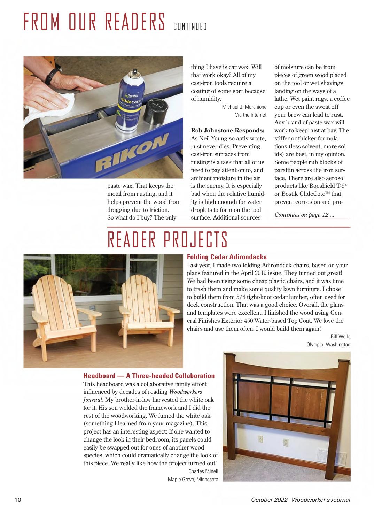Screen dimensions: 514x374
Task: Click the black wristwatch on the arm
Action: click(x=52, y=73)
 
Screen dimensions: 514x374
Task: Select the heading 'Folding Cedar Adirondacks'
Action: click(x=227, y=257)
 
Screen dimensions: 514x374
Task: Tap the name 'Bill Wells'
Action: click(x=340, y=336)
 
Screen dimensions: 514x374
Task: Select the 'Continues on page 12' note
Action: click(x=304, y=215)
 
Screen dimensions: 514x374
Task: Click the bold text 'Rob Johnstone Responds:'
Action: click(x=228, y=131)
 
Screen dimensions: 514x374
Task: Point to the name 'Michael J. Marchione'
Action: click(x=244, y=107)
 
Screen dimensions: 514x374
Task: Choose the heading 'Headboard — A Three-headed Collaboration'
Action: click(x=149, y=376)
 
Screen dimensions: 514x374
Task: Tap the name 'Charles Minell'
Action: click(x=203, y=471)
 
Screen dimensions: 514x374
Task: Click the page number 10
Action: click(x=18, y=500)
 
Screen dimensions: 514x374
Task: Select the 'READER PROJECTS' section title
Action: click(x=167, y=240)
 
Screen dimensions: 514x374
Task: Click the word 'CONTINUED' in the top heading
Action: click(x=190, y=26)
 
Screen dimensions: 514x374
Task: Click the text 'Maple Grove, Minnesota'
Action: click(x=193, y=480)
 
